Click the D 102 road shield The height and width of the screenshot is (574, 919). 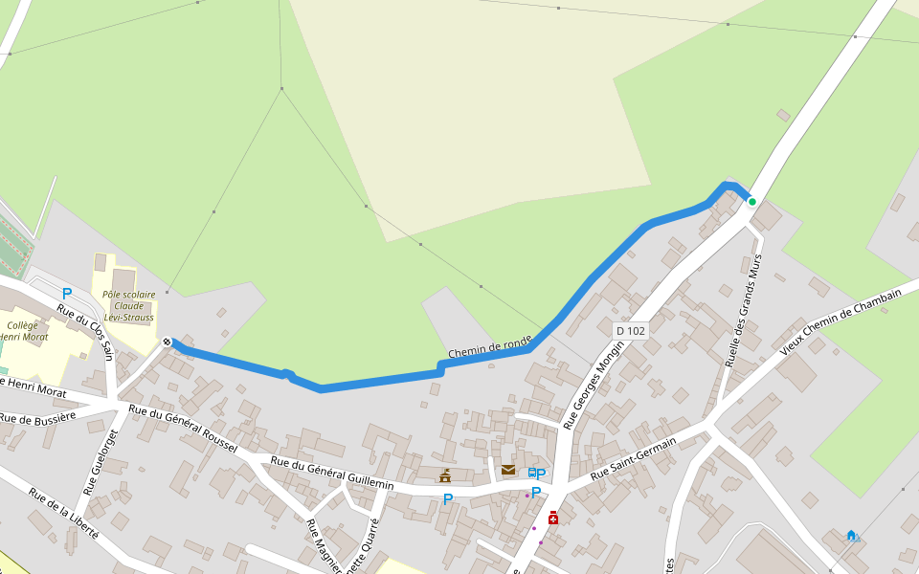[x=631, y=331]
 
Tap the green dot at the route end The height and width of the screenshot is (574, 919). [x=752, y=202]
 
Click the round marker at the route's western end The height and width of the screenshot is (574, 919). [x=168, y=342]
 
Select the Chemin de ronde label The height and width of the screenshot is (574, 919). [x=489, y=346]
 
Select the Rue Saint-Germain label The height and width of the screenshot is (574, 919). [x=633, y=458]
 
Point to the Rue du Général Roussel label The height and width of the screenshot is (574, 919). [x=183, y=429]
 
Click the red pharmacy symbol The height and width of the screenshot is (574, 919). [x=553, y=518]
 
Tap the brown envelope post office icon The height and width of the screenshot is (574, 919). [x=508, y=470]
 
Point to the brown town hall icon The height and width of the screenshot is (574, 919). [x=445, y=475]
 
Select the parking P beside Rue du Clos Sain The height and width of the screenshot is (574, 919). [x=67, y=294]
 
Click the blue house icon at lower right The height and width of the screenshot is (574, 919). [x=851, y=535]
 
